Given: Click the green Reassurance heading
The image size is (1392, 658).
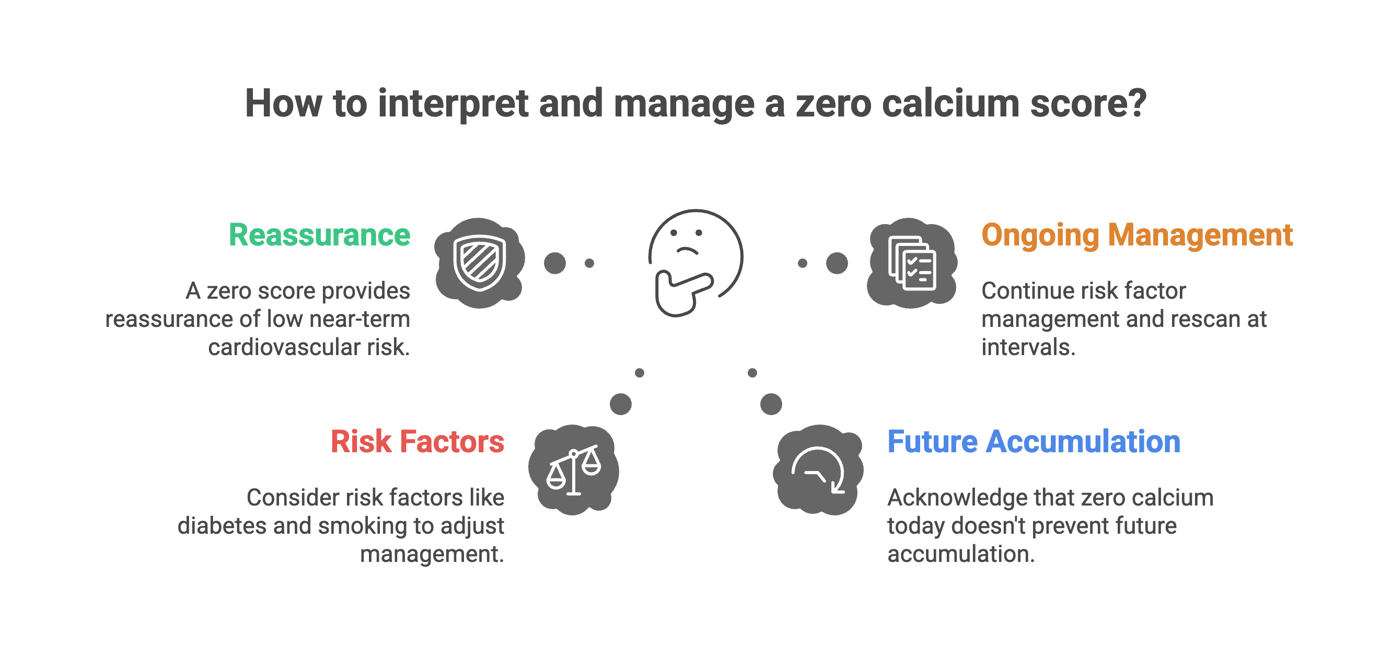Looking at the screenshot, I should coord(319,235).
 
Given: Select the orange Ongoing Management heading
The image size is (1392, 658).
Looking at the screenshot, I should coord(1137,236).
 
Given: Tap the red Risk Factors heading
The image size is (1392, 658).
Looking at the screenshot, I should coord(417,442).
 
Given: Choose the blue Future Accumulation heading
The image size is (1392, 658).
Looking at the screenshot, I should coord(1033,442).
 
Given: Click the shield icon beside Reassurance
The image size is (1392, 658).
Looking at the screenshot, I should coord(479,263).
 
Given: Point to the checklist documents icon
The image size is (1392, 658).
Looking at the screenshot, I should coord(912,263).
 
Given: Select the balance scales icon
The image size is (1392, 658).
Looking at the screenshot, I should coord(573,469).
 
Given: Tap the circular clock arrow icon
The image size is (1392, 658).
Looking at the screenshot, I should coord(818,469).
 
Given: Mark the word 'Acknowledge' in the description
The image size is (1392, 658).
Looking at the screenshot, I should coord(957,498).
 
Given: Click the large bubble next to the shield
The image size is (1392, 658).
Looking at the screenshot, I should coord(555,263).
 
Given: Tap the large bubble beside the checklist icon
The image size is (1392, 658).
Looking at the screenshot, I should coord(837,263).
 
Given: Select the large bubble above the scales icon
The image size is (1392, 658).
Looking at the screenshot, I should coord(620,404).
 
